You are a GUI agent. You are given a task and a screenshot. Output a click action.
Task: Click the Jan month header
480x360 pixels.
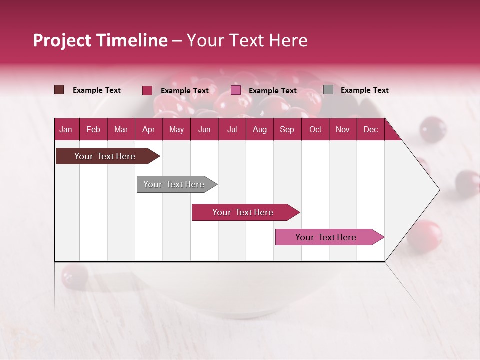(x=66, y=129)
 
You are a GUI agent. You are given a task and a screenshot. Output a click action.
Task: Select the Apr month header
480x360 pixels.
(x=148, y=129)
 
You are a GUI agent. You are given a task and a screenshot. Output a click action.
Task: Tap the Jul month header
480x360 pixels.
(x=232, y=129)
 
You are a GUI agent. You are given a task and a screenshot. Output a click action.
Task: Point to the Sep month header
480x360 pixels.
(x=287, y=129)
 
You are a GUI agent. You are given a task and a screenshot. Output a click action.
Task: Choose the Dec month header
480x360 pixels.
(x=370, y=129)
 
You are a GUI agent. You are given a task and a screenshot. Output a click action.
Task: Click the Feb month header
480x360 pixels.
(x=93, y=129)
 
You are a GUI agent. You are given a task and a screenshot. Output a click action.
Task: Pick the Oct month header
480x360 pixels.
(x=315, y=129)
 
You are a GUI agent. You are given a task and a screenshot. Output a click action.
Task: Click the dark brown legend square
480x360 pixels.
(x=59, y=90)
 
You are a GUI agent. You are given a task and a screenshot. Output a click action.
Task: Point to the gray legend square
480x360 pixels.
(x=328, y=90)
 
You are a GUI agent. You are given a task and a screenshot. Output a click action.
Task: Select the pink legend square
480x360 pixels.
(x=236, y=90)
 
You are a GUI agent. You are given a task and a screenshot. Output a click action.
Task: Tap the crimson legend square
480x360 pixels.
(x=147, y=90)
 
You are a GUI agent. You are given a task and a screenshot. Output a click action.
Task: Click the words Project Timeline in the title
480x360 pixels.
(x=100, y=40)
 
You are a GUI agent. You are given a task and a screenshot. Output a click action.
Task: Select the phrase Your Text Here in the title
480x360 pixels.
(x=247, y=40)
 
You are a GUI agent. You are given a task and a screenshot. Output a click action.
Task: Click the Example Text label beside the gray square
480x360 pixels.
(x=364, y=90)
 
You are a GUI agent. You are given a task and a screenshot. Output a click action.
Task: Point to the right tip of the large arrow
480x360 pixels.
(x=438, y=189)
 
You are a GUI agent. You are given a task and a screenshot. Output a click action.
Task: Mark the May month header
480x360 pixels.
(x=176, y=129)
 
